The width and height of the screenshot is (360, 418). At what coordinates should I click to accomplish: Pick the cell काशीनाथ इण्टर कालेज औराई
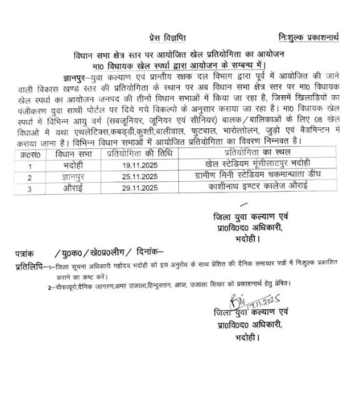248,187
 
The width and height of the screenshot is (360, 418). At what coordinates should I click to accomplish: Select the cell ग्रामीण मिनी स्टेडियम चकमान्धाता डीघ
248,177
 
